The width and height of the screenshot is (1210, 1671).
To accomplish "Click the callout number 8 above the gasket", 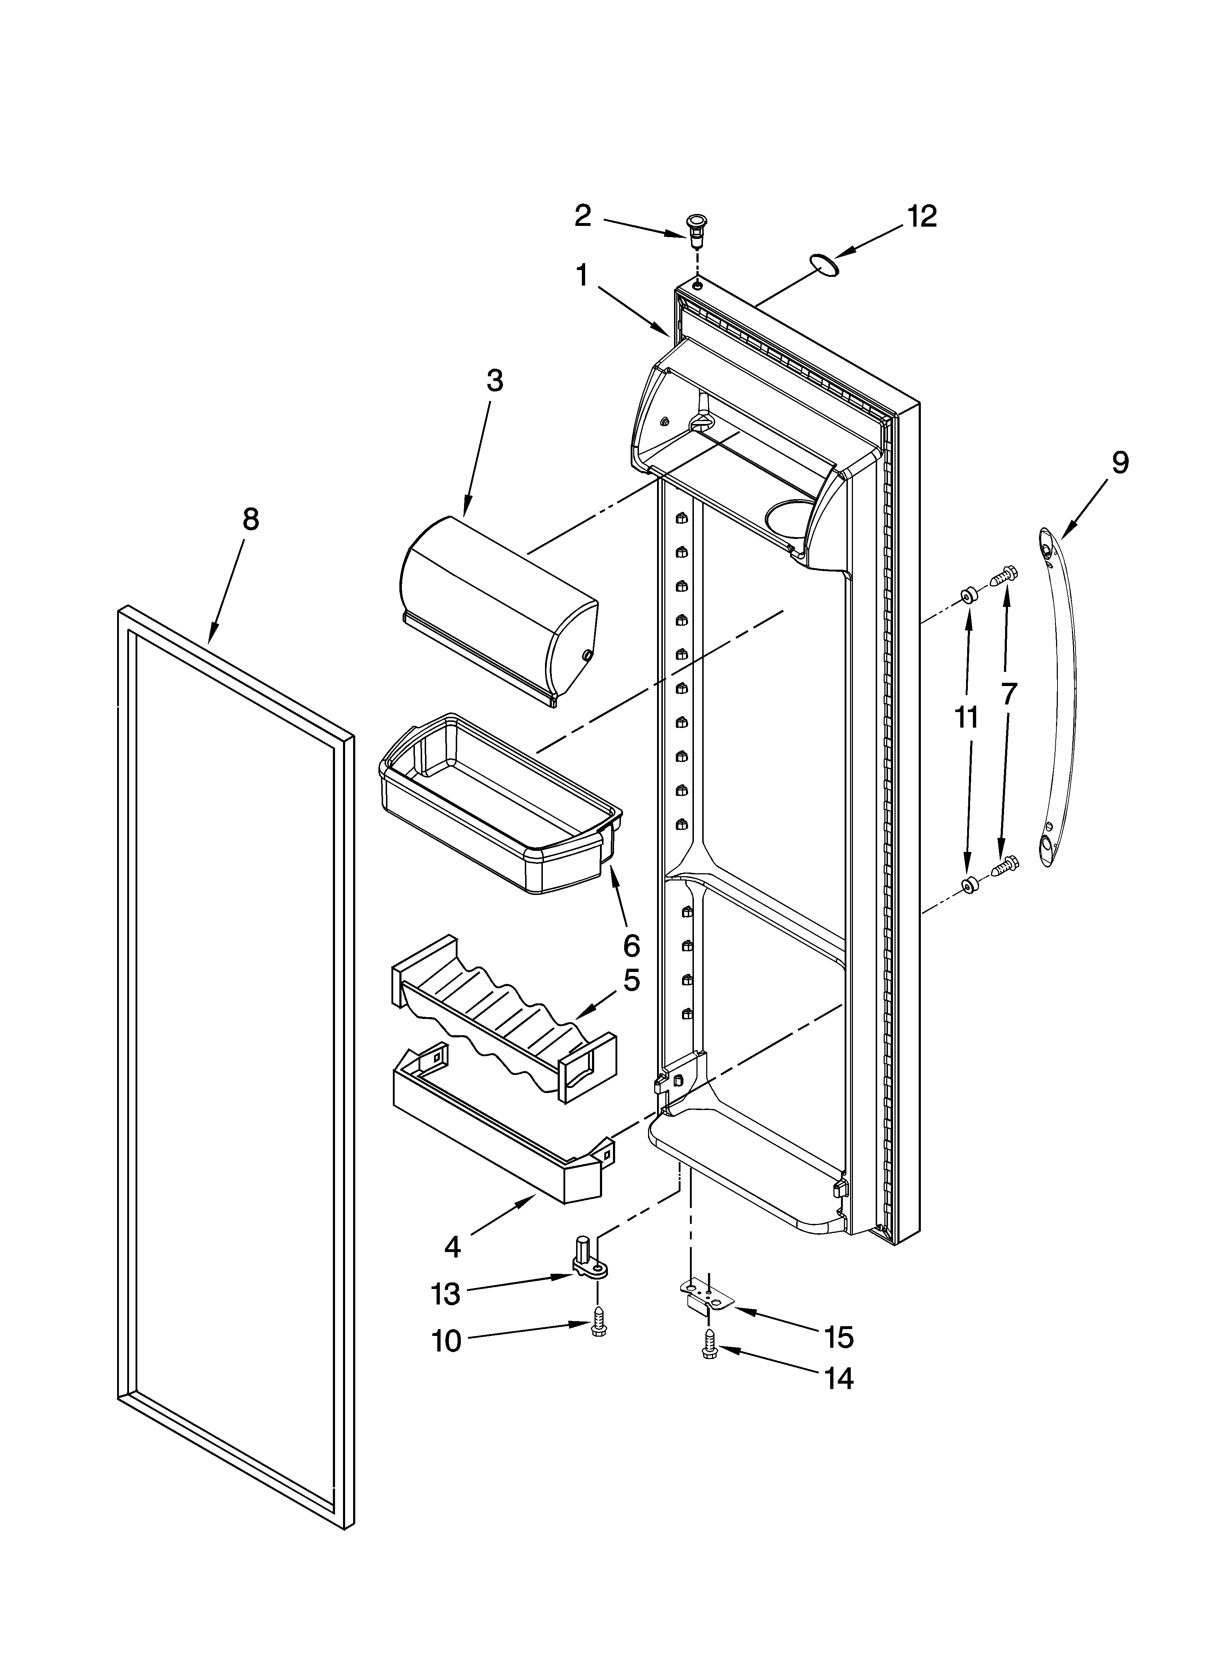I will pyautogui.click(x=250, y=519).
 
